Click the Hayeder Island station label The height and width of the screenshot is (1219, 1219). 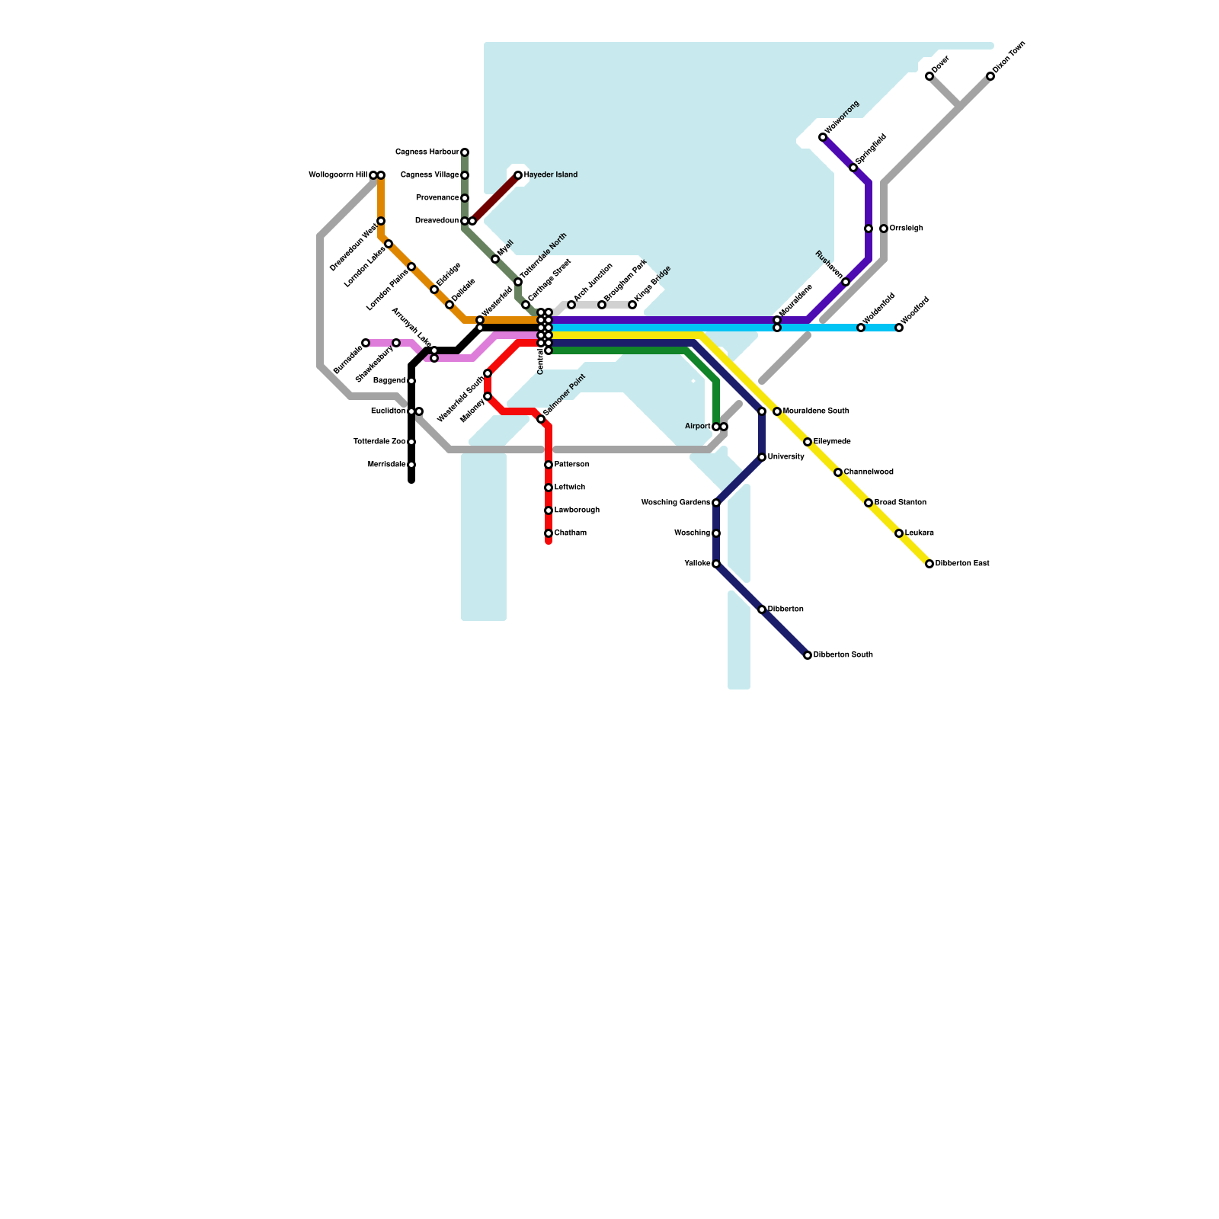(x=550, y=175)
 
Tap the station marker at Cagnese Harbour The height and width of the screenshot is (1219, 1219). (x=465, y=152)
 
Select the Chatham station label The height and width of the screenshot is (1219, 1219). (x=570, y=533)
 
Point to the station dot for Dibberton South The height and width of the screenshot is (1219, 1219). (x=808, y=655)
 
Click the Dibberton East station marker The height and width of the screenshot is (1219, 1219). (x=929, y=564)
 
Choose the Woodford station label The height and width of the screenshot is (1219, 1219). (x=915, y=310)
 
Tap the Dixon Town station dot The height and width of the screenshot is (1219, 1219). (x=990, y=76)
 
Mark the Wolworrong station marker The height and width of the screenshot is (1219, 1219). (x=823, y=137)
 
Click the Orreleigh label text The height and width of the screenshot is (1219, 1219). (x=906, y=229)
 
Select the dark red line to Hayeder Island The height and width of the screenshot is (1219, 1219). (x=495, y=198)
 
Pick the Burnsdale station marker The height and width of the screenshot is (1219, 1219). (x=366, y=343)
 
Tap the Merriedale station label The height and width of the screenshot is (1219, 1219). (x=386, y=465)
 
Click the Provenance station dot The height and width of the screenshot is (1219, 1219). (x=465, y=198)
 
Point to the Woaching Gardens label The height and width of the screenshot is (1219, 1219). (x=676, y=503)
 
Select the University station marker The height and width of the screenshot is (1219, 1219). (x=762, y=457)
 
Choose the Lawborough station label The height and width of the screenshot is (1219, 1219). (x=577, y=510)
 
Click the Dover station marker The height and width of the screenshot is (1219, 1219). (x=929, y=76)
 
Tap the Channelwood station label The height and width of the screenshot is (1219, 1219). (x=868, y=472)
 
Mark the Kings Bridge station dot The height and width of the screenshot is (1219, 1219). (x=632, y=305)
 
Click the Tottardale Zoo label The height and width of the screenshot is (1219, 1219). (x=379, y=442)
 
